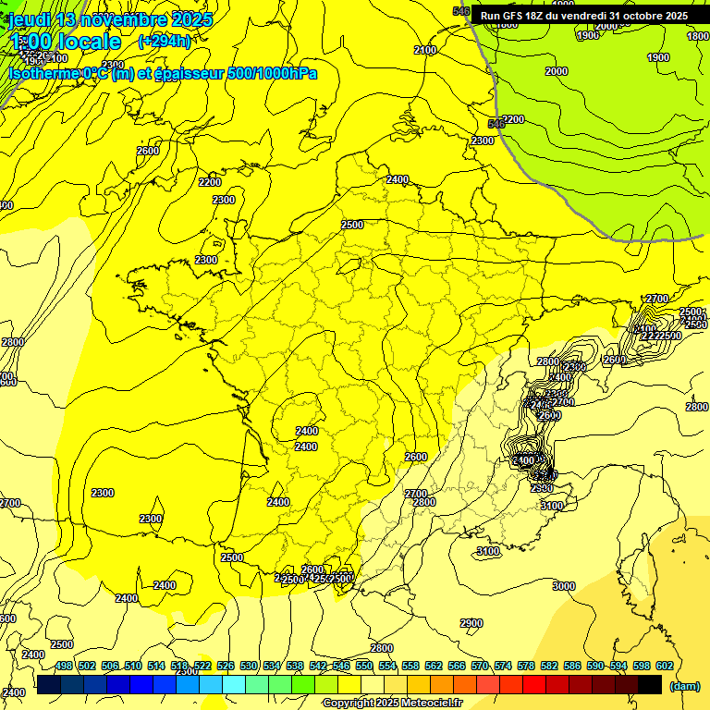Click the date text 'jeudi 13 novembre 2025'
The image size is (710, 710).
tap(110, 19)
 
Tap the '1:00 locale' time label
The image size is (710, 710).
tap(66, 42)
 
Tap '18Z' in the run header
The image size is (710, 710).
tap(541, 16)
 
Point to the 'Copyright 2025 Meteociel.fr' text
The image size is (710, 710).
tap(393, 704)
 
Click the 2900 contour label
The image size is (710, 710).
tap(471, 623)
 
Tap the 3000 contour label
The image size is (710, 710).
tap(563, 586)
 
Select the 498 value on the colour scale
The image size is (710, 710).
tap(64, 666)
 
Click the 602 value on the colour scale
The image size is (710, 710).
tap(664, 666)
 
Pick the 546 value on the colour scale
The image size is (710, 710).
tap(341, 666)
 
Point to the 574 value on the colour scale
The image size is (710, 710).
tap(503, 666)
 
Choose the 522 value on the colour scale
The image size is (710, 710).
tap(202, 666)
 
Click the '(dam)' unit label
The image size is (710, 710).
tap(684, 686)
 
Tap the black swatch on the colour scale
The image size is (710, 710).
tap(650, 684)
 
